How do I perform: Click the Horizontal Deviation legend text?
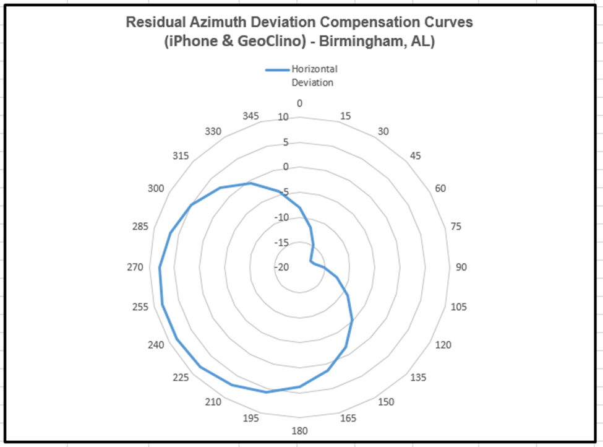point(314,76)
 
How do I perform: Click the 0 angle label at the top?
point(300,103)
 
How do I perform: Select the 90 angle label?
point(461,267)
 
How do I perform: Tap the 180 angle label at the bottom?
point(300,431)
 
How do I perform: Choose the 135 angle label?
point(419,378)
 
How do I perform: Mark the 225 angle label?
point(180,378)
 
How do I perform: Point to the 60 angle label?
point(441,188)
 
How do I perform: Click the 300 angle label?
point(156,188)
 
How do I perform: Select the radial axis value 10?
point(283,117)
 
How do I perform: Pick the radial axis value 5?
point(286,142)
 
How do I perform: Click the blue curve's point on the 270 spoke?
point(160,267)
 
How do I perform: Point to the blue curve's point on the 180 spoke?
point(300,387)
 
